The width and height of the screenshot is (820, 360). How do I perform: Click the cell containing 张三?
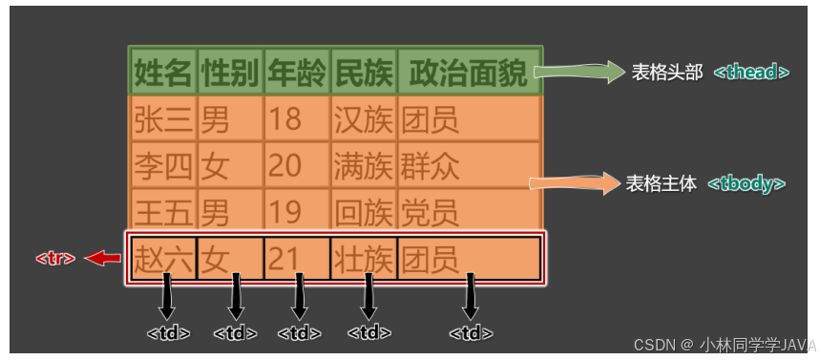(163, 119)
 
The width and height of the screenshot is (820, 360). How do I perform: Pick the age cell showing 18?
(297, 119)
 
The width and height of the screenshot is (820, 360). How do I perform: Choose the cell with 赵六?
(163, 258)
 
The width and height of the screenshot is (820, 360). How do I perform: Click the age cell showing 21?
(297, 258)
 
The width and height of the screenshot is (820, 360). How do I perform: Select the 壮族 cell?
(364, 258)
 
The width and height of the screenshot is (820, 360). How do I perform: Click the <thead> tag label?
(751, 73)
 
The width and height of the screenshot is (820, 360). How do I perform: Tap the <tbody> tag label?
(746, 183)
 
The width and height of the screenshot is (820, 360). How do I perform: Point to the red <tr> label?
(55, 258)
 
